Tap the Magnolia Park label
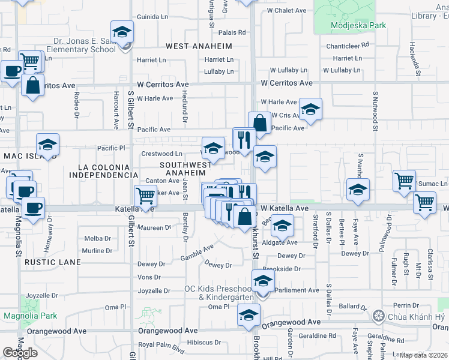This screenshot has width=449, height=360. (x=30, y=316)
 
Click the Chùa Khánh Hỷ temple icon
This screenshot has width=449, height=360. (x=378, y=316)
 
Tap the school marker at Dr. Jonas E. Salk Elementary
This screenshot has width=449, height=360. (x=122, y=32)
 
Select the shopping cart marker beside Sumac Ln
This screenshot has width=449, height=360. (x=404, y=180)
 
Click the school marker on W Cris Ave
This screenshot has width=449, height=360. (x=310, y=110)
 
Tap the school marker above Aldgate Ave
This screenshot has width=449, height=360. (x=280, y=227)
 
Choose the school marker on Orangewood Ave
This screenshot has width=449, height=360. (x=249, y=314)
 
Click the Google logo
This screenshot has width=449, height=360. (x=20, y=353)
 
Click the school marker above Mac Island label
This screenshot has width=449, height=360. (x=47, y=145)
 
